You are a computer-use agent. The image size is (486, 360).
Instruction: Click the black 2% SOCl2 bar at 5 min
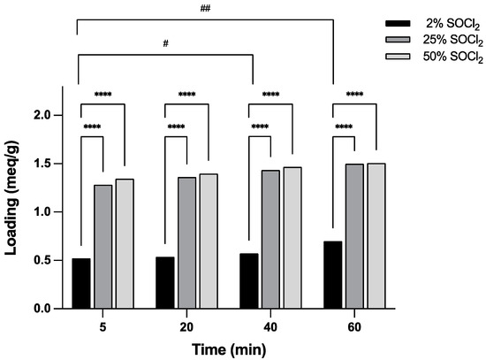point(81,283)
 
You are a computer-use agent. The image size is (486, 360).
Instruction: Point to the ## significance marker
point(205,7)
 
